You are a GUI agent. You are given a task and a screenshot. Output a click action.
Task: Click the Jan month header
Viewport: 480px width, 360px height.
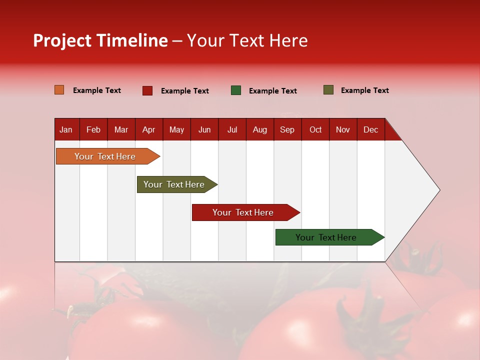(x=66, y=129)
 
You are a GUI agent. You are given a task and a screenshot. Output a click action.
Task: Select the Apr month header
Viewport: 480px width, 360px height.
(x=148, y=129)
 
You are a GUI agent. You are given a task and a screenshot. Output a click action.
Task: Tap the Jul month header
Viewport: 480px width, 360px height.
(x=232, y=129)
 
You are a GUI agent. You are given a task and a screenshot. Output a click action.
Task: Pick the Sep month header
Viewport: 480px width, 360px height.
(x=287, y=129)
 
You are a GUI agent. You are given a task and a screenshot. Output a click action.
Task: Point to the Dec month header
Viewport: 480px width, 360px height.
(x=370, y=129)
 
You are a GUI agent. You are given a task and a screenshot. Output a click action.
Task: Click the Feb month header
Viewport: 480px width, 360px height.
(x=93, y=129)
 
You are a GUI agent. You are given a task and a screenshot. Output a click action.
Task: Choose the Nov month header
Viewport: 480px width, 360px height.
(x=342, y=129)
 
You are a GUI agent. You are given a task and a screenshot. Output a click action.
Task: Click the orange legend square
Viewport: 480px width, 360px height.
(x=59, y=90)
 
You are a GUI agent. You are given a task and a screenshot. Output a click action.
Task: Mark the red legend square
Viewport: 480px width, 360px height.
(x=147, y=90)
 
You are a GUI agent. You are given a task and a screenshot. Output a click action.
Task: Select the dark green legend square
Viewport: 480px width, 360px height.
(x=236, y=90)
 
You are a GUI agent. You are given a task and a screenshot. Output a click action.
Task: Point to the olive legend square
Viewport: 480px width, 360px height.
(x=328, y=90)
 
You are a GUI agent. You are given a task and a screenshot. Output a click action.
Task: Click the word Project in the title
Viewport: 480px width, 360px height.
(x=62, y=40)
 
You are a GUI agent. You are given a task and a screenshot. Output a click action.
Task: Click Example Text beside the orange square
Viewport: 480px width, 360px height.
(x=97, y=90)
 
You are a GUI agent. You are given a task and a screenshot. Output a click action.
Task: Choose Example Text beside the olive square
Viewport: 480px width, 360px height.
(x=365, y=90)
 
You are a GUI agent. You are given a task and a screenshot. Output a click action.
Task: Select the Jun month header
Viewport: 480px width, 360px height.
(x=204, y=129)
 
